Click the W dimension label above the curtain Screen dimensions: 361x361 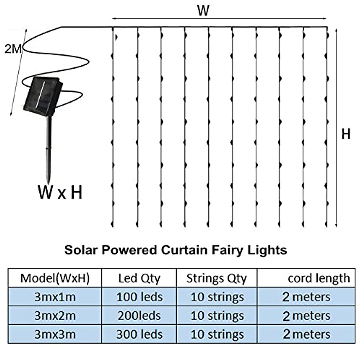pyautogui.click(x=203, y=11)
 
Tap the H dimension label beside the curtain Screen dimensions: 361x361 pyautogui.click(x=346, y=133)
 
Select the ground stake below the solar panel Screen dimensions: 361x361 pyautogui.click(x=49, y=147)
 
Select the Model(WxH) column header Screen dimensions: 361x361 pyautogui.click(x=55, y=278)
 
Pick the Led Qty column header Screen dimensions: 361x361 pyautogui.click(x=139, y=278)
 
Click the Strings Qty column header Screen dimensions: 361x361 pyautogui.click(x=216, y=278)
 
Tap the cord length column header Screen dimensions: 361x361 pyautogui.click(x=319, y=278)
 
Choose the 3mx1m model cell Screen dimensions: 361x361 pyautogui.click(x=55, y=297)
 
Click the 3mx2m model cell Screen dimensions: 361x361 pyautogui.click(x=55, y=316)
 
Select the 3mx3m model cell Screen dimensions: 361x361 pyautogui.click(x=55, y=334)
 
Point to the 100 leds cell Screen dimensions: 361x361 pyautogui.click(x=139, y=297)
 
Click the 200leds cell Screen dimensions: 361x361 pyautogui.click(x=139, y=316)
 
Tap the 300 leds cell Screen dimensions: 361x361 pyautogui.click(x=139, y=334)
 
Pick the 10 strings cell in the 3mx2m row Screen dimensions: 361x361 pyautogui.click(x=217, y=316)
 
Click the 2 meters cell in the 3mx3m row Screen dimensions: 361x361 pyautogui.click(x=306, y=334)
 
